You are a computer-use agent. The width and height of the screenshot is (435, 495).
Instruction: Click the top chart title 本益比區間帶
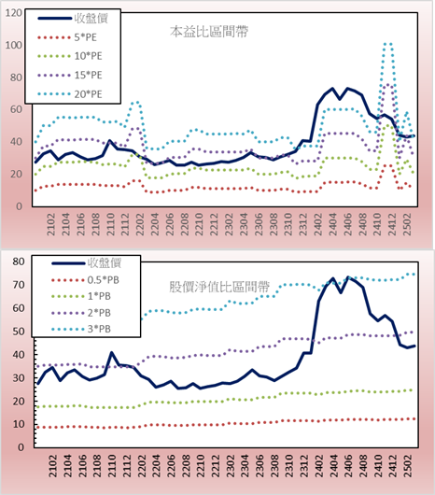209,32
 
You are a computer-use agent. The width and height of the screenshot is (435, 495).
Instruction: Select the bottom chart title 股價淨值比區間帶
219,287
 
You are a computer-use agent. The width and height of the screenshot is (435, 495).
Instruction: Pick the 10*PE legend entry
70,56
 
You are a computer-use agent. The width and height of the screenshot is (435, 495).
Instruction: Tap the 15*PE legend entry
70,75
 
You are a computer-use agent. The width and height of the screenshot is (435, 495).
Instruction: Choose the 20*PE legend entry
70,94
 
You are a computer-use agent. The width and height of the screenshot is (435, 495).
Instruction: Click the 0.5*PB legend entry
85,280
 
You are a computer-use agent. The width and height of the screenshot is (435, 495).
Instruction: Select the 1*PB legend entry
81,296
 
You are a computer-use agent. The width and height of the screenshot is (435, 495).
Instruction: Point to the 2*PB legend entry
81,313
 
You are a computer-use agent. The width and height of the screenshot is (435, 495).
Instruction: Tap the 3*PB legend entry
81,329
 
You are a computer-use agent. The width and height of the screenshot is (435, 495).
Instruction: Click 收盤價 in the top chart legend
73,19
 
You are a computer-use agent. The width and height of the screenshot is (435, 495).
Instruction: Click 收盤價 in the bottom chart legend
87,263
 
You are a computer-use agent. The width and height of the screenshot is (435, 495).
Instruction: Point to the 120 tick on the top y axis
14,13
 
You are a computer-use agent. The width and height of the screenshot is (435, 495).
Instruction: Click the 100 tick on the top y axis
14,45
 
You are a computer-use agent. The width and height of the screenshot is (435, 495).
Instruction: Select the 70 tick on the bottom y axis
19,285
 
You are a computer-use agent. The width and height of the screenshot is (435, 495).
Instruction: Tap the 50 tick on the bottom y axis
19,332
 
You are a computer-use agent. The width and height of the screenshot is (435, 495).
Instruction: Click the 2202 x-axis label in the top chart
140,224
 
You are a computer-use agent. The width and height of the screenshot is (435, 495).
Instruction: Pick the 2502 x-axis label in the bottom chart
408,466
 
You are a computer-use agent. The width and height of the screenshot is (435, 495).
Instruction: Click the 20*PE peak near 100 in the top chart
387,44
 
